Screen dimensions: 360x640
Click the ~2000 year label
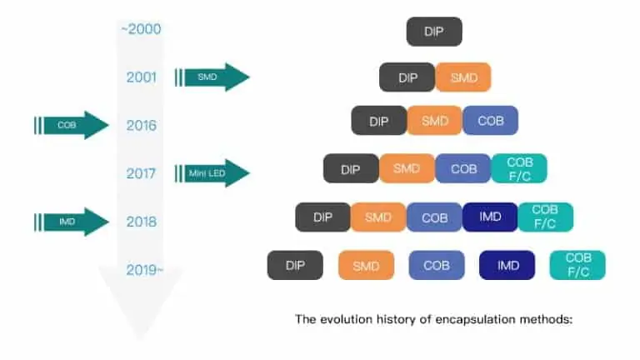click(140, 29)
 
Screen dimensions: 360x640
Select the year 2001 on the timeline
click(141, 77)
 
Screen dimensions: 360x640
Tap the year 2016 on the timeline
click(141, 126)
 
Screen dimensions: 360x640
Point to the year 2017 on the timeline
click(141, 174)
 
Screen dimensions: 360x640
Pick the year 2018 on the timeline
click(141, 222)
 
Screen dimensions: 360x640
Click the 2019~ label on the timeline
click(144, 270)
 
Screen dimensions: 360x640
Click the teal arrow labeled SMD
click(213, 77)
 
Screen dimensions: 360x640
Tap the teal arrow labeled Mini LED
click(213, 173)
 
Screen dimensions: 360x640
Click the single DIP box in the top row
click(434, 32)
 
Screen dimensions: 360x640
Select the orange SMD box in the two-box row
click(462, 77)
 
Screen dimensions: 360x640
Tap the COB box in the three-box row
click(490, 121)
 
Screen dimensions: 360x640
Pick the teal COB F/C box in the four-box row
click(518, 168)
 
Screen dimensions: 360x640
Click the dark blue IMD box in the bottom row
click(507, 265)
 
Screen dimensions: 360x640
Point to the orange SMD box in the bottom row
click(366, 266)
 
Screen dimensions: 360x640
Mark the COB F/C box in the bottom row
click(577, 265)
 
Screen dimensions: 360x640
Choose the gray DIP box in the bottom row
click(295, 265)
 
